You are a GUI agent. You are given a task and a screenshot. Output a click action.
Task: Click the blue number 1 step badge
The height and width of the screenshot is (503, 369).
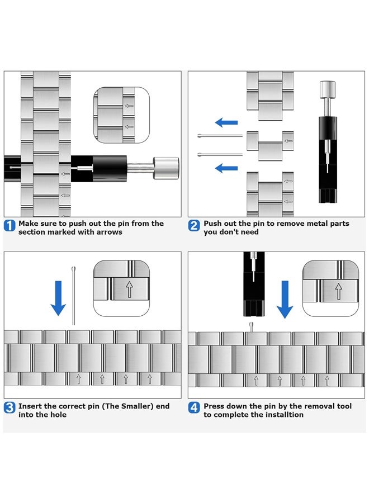(10, 226)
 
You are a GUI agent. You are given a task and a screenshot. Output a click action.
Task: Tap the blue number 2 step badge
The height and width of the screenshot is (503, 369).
(194, 226)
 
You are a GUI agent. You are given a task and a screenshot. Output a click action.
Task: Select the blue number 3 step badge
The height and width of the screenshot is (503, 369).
(10, 408)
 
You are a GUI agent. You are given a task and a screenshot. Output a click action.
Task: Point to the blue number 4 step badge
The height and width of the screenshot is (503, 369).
(194, 408)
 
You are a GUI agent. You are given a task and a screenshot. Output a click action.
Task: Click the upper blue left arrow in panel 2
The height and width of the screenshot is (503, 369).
(226, 122)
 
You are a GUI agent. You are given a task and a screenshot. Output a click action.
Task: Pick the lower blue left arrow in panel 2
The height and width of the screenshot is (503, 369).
(226, 168)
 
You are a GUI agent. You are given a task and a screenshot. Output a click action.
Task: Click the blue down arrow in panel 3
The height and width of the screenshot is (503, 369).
(58, 298)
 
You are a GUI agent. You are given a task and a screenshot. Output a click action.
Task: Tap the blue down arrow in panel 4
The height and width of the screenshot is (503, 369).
(285, 300)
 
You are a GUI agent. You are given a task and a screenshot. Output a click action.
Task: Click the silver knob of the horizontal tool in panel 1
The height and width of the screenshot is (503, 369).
(166, 168)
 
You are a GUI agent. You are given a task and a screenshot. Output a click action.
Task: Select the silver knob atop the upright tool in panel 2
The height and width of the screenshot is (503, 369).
(328, 90)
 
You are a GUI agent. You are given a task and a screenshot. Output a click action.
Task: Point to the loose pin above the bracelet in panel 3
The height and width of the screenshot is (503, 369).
(73, 296)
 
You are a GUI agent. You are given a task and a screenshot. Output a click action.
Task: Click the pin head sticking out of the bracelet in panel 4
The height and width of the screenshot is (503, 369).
(251, 326)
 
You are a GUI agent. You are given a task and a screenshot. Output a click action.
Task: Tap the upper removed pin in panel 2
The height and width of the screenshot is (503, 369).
(220, 136)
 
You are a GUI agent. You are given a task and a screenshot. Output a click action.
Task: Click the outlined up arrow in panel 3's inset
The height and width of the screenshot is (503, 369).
(129, 289)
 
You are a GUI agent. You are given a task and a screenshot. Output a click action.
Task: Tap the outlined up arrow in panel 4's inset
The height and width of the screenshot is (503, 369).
(338, 291)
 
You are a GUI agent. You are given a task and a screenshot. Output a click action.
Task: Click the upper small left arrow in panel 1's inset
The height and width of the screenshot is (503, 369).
(129, 106)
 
